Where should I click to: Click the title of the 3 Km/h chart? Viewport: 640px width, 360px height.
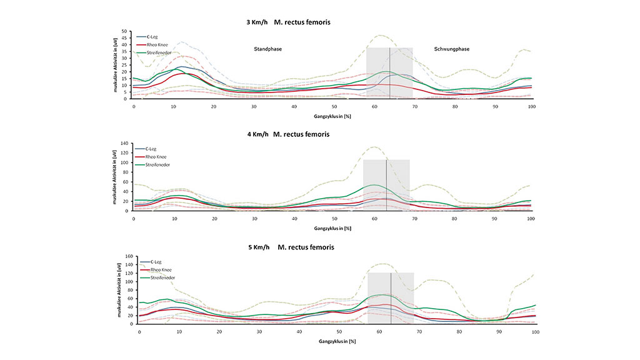click(288, 22)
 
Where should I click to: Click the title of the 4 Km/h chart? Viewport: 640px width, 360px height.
click(288, 134)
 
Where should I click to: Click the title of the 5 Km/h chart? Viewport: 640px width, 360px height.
click(291, 247)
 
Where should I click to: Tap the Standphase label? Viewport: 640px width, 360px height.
click(267, 49)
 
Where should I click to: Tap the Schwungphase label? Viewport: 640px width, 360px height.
click(452, 49)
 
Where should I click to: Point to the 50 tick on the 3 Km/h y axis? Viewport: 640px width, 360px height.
click(126, 31)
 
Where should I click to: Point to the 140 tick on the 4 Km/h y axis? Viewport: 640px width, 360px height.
click(125, 144)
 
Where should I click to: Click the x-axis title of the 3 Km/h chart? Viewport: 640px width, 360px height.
click(333, 116)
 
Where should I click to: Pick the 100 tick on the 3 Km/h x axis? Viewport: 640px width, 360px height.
click(531, 106)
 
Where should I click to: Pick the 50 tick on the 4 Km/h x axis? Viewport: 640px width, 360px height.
click(334, 219)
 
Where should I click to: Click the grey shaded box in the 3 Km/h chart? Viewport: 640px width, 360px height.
click(389, 72)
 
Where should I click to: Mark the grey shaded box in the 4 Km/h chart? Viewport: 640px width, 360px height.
click(386, 185)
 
